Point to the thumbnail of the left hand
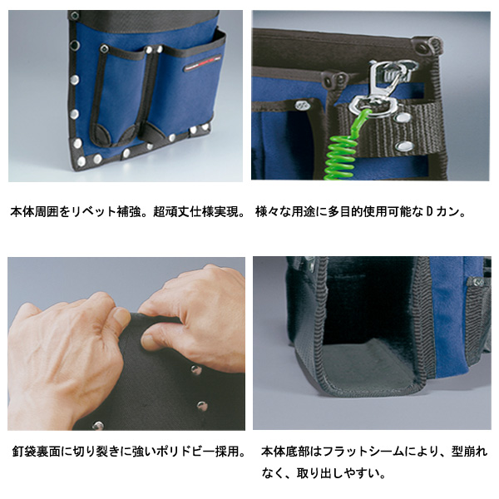click(121, 316)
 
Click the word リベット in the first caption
click(93, 211)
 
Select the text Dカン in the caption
click(442, 211)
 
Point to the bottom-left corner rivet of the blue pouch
click(82, 161)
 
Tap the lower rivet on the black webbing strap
click(404, 146)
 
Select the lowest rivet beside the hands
click(98, 425)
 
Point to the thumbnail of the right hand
click(149, 343)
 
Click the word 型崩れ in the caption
click(469, 452)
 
